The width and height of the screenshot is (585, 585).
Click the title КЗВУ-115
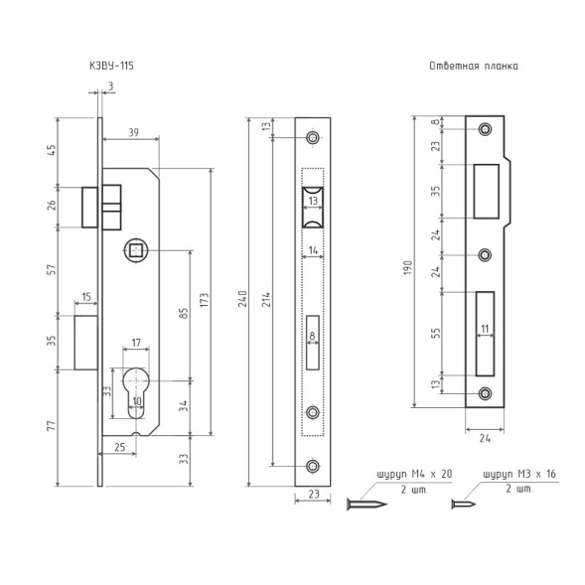[111, 66]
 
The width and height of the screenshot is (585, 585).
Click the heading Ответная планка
[474, 67]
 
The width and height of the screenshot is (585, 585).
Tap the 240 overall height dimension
[242, 299]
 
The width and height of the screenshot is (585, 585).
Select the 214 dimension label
[266, 300]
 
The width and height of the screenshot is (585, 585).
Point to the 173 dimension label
[205, 300]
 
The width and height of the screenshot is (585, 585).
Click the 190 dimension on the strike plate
[408, 267]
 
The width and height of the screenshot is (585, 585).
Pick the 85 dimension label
[184, 313]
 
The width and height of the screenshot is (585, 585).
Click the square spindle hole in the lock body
[135, 250]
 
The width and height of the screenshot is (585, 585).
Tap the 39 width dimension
[133, 132]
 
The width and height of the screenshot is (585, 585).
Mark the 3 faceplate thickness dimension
[110, 86]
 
